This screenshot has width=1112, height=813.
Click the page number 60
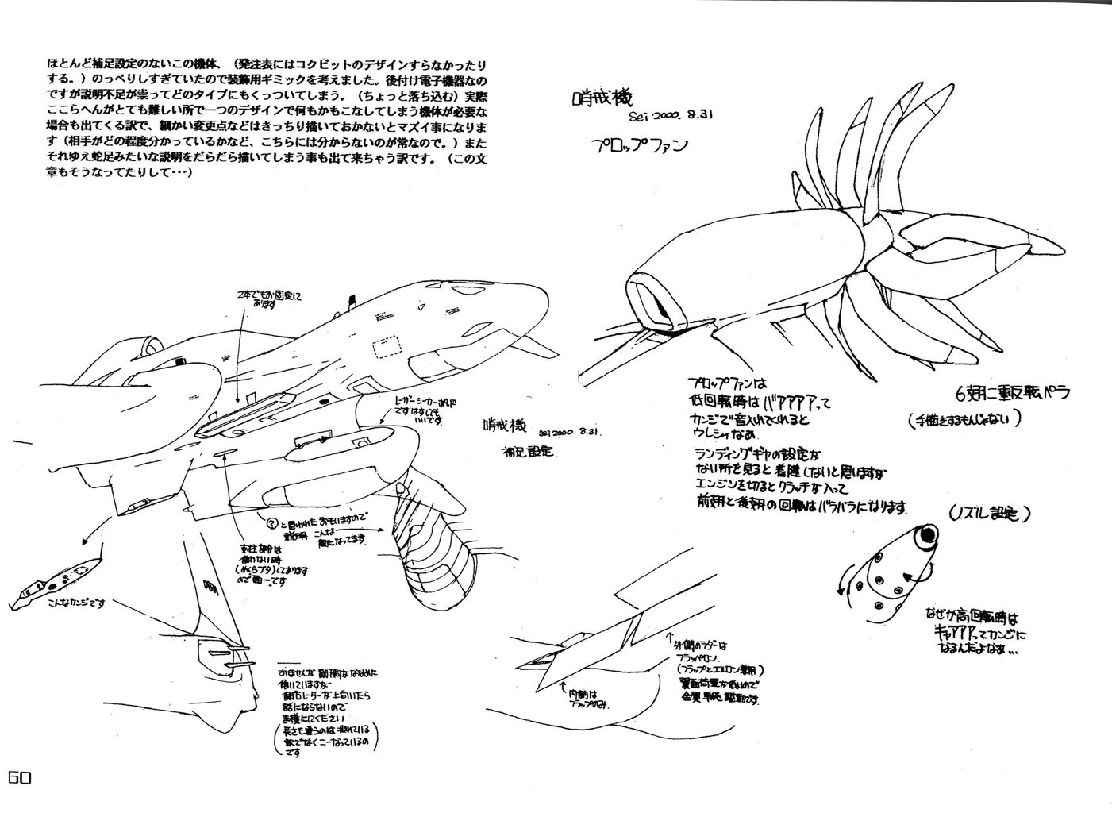pos(19,779)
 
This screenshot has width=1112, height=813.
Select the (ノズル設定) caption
pos(988,514)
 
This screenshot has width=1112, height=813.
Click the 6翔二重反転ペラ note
pos(1014,393)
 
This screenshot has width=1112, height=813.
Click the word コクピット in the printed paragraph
pos(325,62)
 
